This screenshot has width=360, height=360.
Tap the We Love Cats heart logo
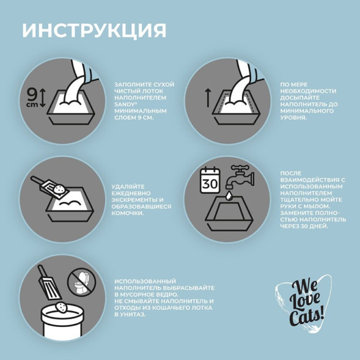304,304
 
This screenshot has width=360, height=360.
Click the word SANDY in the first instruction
124,104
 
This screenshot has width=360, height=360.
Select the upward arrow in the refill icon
207,97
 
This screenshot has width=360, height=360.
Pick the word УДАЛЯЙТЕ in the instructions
128,186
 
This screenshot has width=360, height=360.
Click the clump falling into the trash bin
61,306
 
